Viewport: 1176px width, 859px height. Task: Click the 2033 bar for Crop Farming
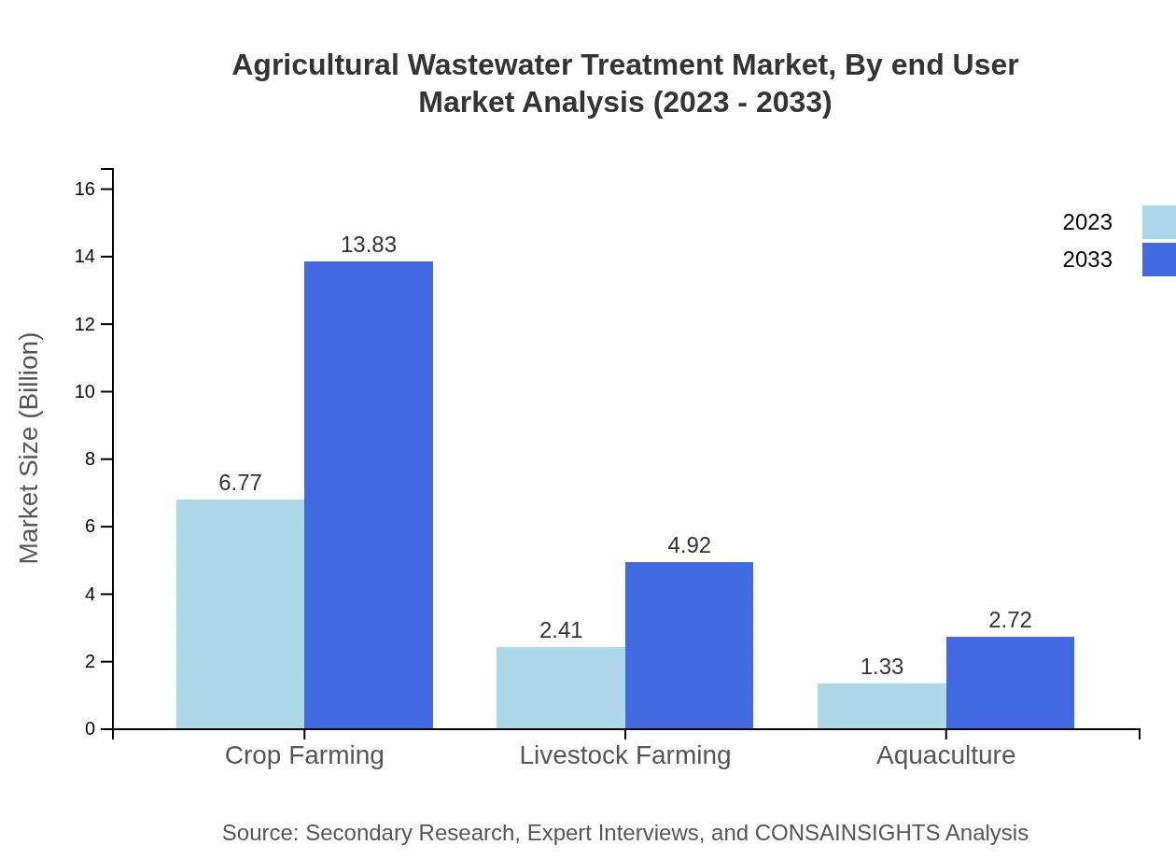(369, 495)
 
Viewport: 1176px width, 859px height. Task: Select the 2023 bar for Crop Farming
(240, 614)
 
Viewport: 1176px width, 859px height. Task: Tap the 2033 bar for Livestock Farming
(689, 645)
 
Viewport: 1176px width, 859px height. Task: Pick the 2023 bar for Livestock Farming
(561, 688)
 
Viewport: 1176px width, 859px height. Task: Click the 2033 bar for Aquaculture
(1010, 683)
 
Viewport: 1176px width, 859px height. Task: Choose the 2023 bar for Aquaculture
(882, 706)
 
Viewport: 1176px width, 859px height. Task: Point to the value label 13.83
(369, 245)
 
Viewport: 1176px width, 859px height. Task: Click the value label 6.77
(240, 483)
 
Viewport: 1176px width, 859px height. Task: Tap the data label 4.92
(689, 545)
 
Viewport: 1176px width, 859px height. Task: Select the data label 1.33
(882, 667)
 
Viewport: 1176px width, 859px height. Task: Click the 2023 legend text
(1087, 222)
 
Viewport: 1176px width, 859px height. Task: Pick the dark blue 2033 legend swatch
(1159, 260)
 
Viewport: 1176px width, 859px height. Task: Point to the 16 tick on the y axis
(85, 190)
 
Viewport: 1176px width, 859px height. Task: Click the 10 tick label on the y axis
(85, 392)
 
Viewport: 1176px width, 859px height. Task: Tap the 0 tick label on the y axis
(91, 729)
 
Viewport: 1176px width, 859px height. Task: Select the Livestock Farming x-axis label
(625, 755)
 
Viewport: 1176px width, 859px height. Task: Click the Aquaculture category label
(945, 755)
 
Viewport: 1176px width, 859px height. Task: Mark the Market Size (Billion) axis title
(30, 448)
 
